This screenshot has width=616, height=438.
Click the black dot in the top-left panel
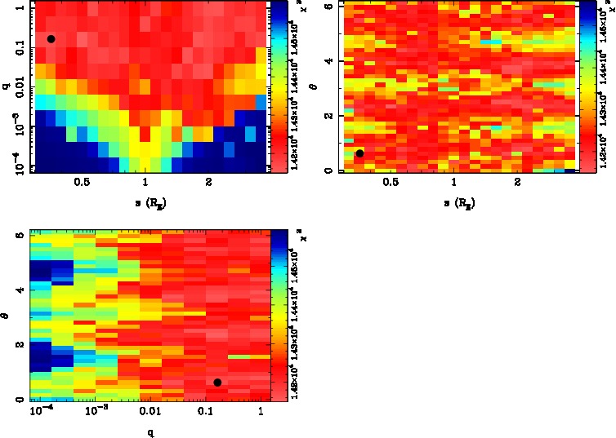click(x=51, y=38)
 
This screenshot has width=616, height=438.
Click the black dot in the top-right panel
click(x=359, y=153)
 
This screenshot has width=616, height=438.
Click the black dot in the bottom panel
click(x=217, y=383)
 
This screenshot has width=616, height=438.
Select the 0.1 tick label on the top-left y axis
click(x=16, y=50)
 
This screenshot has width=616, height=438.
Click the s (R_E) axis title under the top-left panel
click(x=147, y=201)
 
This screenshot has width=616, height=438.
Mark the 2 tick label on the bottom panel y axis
click(x=20, y=344)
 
